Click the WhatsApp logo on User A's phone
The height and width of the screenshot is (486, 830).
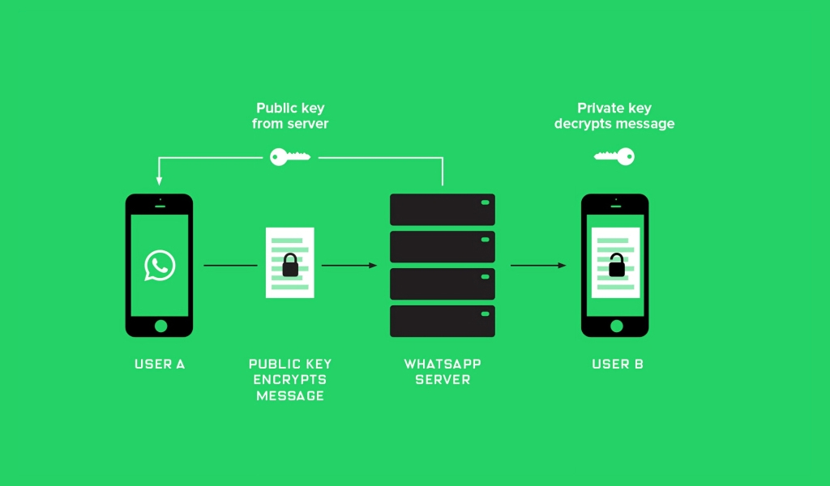160,266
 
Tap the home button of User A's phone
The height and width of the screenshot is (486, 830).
161,326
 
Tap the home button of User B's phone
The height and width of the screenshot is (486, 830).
617,326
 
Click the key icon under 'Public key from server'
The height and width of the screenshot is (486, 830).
289,157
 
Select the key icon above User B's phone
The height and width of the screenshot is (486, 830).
614,156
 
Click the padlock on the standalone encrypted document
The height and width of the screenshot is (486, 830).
290,265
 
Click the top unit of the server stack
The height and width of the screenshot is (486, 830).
443,210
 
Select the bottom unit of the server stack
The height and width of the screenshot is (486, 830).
443,321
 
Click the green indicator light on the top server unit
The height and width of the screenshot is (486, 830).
485,202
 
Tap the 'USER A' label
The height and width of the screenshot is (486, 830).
160,364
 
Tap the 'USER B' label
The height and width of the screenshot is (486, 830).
617,364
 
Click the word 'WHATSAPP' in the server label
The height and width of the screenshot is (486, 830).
443,364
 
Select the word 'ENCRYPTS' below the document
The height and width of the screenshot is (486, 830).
289,380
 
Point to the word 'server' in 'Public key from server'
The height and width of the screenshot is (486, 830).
308,124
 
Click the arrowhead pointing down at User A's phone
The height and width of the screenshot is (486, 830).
159,181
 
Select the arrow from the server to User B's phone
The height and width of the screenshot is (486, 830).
538,266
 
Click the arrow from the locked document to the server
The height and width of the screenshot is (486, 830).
349,266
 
